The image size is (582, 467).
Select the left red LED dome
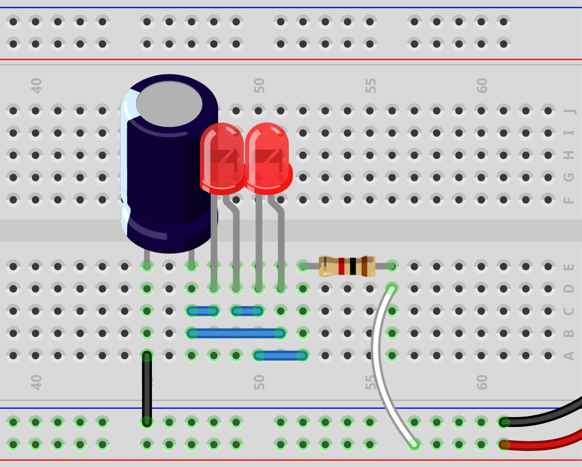tap(221, 154)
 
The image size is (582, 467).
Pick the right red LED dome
tap(267, 154)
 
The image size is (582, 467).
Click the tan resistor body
tap(347, 266)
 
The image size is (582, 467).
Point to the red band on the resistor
tap(341, 266)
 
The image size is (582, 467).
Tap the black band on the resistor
tap(353, 266)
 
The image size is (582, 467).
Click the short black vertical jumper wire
tap(147, 388)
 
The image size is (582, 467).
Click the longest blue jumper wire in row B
tap(236, 333)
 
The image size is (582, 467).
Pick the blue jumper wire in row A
tap(281, 355)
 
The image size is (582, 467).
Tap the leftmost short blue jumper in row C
tap(202, 311)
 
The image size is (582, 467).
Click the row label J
tap(569, 111)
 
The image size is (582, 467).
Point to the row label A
tap(569, 355)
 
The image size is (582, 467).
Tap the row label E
tap(569, 266)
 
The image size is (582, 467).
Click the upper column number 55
tap(371, 85)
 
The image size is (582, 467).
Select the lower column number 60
tap(482, 382)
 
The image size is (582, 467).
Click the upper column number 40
tap(37, 85)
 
